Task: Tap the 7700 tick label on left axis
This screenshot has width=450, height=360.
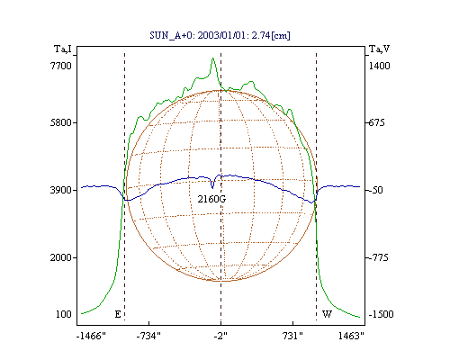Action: point(61,66)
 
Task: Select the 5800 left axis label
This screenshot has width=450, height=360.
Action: point(61,122)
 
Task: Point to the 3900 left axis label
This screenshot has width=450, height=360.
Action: point(61,190)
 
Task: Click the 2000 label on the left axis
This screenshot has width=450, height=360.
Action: point(61,257)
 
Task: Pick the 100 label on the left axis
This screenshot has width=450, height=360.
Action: point(64,314)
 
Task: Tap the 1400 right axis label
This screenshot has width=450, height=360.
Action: point(379,66)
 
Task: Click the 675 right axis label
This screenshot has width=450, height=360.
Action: point(376,122)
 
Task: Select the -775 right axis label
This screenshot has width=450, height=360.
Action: point(378,257)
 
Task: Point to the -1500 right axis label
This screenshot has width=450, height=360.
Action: point(381,314)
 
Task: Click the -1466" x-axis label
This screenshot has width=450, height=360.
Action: point(91,336)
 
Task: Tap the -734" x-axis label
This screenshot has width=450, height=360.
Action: point(148,336)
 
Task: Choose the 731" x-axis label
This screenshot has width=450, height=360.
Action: point(292,336)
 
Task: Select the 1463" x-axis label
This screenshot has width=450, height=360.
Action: point(351,336)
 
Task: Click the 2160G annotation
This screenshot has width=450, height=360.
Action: point(211,199)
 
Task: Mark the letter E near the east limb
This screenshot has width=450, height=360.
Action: point(118,314)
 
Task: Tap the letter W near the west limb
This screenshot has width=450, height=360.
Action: point(327,314)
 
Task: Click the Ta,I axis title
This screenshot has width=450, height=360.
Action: point(63,49)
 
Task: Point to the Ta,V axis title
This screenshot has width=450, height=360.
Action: point(380,49)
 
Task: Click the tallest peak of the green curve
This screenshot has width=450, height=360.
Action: point(212,58)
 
